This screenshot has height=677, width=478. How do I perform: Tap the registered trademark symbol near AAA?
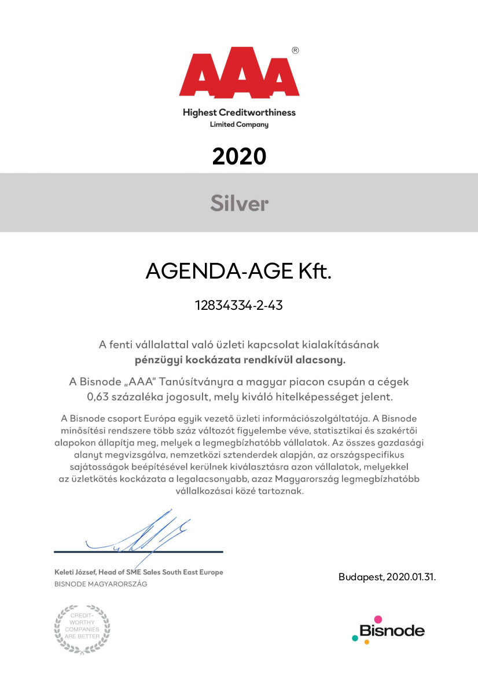pos(295,51)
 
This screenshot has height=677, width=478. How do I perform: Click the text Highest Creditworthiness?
pos(239,112)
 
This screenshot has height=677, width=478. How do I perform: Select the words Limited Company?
pos(239,125)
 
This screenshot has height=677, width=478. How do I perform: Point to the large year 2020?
pos(239,156)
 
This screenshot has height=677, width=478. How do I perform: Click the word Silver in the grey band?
pos(239,203)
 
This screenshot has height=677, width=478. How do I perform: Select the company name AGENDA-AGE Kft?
pos(238,271)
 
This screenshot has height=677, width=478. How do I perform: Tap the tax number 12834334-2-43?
pos(238,306)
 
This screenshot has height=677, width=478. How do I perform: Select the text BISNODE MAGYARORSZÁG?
pos(100,584)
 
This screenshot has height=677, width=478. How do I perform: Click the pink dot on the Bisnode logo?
pos(378,620)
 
